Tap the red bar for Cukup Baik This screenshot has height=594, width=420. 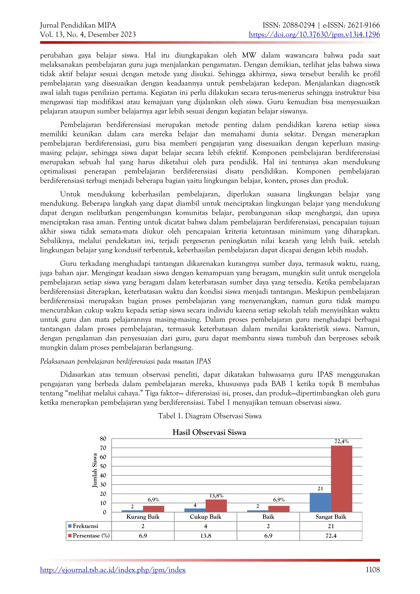(216, 506)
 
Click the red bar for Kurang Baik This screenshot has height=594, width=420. (153, 509)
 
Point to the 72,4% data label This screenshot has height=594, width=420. (341, 442)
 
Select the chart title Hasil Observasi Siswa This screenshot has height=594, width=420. (209, 432)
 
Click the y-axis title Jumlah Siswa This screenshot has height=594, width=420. (95, 470)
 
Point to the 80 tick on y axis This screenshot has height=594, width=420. (103, 439)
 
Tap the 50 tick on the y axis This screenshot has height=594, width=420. (103, 466)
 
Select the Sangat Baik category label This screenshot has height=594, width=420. (331, 517)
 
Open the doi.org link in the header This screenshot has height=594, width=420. (314, 34)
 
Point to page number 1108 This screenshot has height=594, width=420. (372, 570)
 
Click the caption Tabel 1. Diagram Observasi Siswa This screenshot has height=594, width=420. (210, 416)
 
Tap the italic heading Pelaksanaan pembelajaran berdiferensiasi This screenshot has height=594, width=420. (126, 361)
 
